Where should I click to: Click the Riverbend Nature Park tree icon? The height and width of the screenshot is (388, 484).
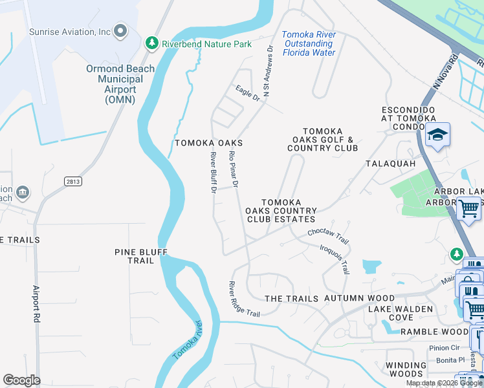pos(152,43)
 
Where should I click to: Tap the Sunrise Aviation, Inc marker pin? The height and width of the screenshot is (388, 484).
pos(120,31)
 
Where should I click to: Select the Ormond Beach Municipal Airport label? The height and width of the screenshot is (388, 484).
pos(120,84)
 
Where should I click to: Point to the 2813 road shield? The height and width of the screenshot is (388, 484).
pos(73,182)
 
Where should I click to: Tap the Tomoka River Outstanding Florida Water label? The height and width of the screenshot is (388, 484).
pos(309,43)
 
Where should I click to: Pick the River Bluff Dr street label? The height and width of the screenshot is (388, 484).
pos(214,172)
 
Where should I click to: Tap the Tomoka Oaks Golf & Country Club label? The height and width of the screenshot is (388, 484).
pos(322,139)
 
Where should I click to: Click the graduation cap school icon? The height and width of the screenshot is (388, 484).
pos(438,135)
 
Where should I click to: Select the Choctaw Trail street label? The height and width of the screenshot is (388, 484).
pos(328,235)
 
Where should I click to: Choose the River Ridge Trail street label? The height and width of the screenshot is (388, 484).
pos(243,299)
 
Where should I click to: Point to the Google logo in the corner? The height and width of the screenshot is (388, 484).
pos(21,380)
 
